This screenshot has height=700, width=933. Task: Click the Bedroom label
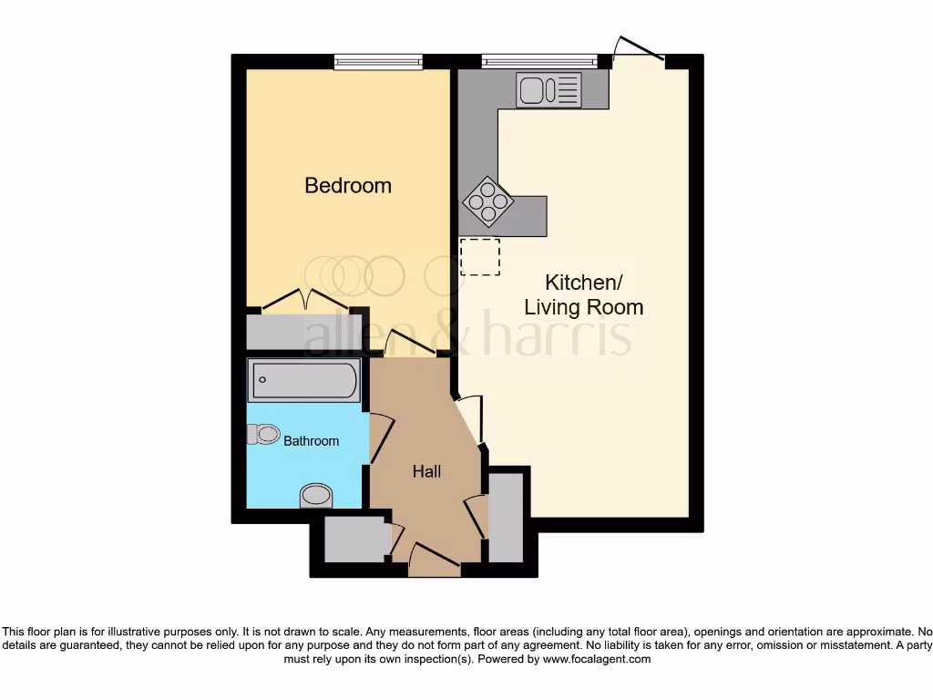pos(348,185)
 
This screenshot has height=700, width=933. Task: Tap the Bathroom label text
pos(311,441)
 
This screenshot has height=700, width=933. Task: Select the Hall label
pos(426,471)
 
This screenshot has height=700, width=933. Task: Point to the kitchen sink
pos(549,89)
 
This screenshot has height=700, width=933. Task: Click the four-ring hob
pos(487,201)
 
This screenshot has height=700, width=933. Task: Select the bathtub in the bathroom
pos(304,380)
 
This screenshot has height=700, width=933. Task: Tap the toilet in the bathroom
pos(263,434)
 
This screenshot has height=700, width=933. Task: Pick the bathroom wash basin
pos(316,495)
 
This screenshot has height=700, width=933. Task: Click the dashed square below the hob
pos(480,256)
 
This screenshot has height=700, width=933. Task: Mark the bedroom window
pos(378,62)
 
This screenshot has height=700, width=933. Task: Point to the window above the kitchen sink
pos(539,62)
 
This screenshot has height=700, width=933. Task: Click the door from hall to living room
pos(467,420)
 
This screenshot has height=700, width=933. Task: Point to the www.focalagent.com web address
pos(598,659)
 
